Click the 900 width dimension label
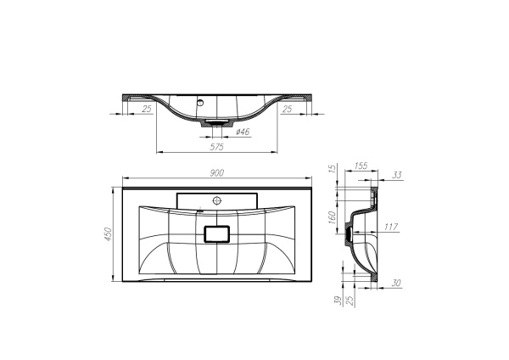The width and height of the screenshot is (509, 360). coord(216,173)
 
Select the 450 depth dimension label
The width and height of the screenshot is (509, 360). coord(109,233)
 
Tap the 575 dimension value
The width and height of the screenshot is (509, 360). coord(216,147)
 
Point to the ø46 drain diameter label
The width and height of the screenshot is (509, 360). coord(241,132)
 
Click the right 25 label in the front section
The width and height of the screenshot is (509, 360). coord(287,109)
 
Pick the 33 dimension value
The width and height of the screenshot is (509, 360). coord(398,176)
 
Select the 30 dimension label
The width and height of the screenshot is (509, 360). coord(397,284)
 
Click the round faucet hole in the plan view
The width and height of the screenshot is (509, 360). coord(216,201)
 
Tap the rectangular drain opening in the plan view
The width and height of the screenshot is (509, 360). coord(218,233)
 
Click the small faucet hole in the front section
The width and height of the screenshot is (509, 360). coord(201,102)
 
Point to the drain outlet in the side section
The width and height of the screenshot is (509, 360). coord(347,230)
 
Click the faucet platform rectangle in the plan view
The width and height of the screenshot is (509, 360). coord(216,200)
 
